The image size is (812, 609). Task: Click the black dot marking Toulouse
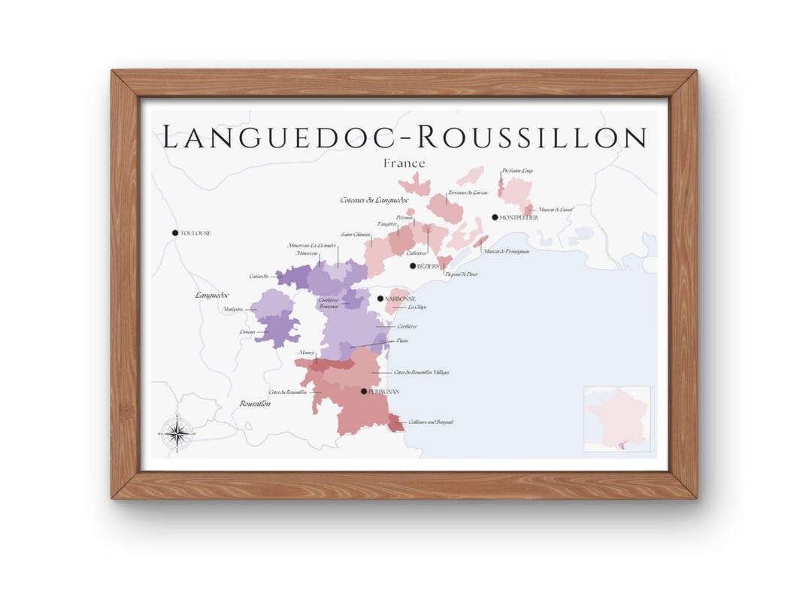175,233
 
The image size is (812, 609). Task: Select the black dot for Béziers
413,265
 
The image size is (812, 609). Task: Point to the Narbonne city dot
380,298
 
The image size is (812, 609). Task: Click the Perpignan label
383,392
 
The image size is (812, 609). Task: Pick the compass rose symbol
177,432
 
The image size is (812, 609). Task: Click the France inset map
617,419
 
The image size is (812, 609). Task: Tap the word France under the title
404,163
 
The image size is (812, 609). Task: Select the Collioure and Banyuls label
429,423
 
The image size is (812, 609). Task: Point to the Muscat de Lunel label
555,209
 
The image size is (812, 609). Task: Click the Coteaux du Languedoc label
374,200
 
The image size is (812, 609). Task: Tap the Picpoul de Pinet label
461,274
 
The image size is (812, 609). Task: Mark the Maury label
306,353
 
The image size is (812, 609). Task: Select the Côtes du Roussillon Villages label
421,372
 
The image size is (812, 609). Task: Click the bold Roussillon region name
255,404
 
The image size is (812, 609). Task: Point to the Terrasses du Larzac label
468,192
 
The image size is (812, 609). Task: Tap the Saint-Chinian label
356,235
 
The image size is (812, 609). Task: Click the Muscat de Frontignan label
506,251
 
